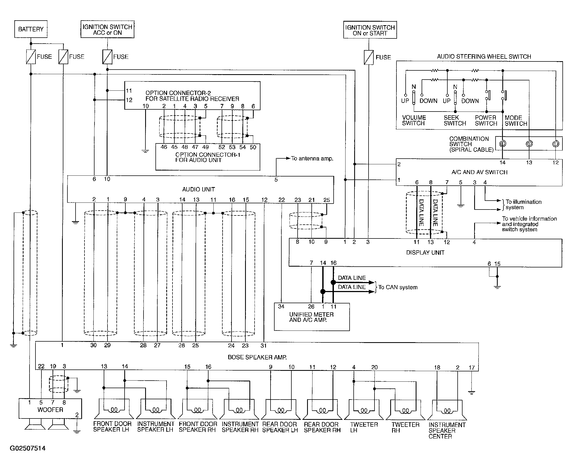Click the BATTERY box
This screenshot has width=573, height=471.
point(31,29)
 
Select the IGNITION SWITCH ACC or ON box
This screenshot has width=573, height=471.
point(108,29)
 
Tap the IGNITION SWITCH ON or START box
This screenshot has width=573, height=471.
point(370,30)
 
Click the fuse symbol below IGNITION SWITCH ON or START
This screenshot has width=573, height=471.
point(369,57)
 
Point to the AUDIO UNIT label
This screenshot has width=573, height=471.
point(198,189)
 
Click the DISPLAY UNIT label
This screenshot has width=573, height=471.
point(425,253)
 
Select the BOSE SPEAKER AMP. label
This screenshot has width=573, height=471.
point(257,357)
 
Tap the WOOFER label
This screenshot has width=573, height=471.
point(50,410)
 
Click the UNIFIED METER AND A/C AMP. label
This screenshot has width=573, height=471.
point(311,317)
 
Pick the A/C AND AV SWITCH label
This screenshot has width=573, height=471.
point(479,172)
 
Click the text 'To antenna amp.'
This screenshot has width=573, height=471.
point(312,159)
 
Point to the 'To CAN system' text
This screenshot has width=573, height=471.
point(398,287)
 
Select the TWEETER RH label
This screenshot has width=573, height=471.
point(405,428)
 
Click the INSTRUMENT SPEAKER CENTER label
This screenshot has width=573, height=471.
point(447,431)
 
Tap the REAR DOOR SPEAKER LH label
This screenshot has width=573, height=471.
point(280,427)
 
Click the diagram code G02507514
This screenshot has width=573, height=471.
point(28,448)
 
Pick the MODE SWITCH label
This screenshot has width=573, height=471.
point(516,121)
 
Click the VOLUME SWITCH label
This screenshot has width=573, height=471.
point(414,120)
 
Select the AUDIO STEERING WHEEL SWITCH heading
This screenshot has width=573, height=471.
point(484,57)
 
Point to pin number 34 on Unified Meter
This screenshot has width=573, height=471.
point(281,307)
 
